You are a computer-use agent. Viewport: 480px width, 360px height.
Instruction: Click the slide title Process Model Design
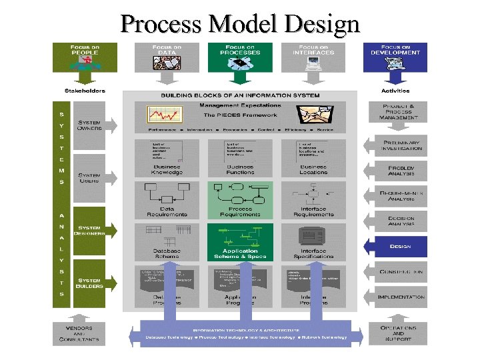point(240,25)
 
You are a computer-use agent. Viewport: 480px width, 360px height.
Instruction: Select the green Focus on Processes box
point(240,57)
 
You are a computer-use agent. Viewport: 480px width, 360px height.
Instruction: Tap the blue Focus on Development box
point(395,57)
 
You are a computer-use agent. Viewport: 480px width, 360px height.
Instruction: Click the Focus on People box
point(85,57)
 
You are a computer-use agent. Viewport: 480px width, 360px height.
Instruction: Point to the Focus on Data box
point(167,57)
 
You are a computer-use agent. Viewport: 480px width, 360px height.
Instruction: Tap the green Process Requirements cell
point(240,199)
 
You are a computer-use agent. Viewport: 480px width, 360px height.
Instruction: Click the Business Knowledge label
point(167,169)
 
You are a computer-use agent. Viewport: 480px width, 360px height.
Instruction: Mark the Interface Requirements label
point(313,212)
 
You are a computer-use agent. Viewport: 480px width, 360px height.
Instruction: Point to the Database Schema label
point(167,254)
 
